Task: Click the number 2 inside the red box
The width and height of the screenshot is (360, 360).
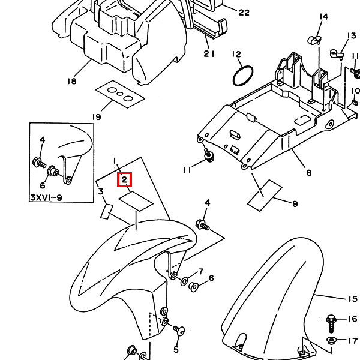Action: (125, 179)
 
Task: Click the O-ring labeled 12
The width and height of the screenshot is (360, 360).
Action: (242, 76)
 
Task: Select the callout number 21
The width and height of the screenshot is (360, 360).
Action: (209, 53)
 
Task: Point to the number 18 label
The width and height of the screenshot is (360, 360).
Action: (73, 81)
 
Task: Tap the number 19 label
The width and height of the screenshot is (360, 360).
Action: (97, 116)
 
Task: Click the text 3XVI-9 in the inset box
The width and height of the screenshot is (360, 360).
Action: (47, 197)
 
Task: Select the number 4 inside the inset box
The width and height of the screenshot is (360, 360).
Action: (43, 140)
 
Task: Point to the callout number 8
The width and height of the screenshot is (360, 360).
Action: (308, 173)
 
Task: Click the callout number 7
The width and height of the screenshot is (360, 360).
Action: (200, 271)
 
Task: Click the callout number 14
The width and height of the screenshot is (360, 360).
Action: (324, 16)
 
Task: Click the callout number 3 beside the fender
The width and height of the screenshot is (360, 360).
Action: (101, 191)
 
